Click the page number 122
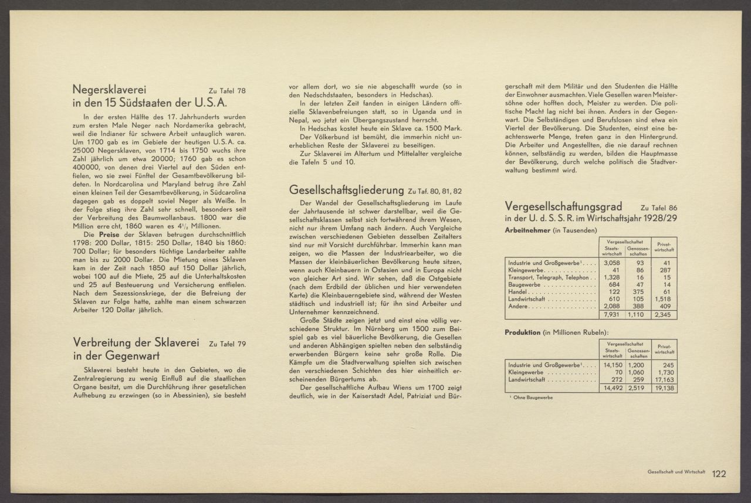coord(719,474)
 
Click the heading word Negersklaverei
coord(109,89)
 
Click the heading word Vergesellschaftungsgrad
coord(563,207)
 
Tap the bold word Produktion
coord(523,332)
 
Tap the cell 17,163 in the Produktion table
coord(663,379)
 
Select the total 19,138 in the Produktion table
coord(663,388)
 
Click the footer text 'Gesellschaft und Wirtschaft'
coord(676,472)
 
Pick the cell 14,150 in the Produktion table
coord(611,365)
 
